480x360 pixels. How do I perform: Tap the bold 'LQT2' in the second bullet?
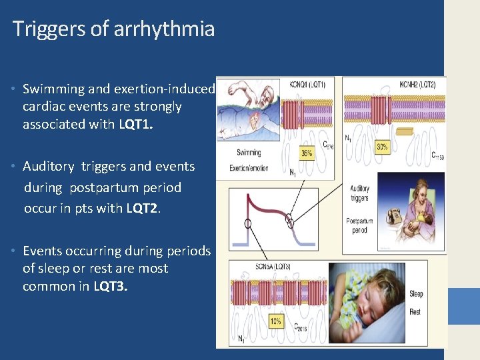142,208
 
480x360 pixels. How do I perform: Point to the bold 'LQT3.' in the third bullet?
111,287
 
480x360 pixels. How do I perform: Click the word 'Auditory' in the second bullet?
49,167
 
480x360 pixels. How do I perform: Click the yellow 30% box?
383,146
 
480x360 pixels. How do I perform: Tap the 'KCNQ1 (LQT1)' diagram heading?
307,85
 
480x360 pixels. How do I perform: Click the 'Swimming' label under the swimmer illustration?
249,153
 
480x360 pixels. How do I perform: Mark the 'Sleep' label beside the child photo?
416,294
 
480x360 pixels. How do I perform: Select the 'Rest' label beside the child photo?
415,312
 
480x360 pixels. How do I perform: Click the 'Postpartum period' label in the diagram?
360,225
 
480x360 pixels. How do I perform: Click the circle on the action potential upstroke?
247,224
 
